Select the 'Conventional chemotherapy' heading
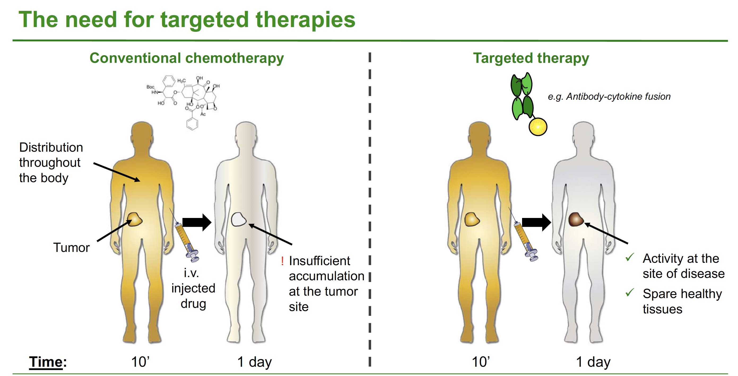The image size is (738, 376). pyautogui.click(x=186, y=58)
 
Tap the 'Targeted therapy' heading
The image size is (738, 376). pyautogui.click(x=531, y=58)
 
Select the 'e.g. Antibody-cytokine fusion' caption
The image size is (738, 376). pyautogui.click(x=609, y=97)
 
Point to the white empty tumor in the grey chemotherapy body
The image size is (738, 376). pyautogui.click(x=239, y=219)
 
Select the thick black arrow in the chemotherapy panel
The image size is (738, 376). pyautogui.click(x=197, y=222)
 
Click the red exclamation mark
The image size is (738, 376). pyautogui.click(x=283, y=261)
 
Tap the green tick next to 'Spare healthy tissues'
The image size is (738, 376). pyautogui.click(x=630, y=292)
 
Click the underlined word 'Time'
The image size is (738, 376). pyautogui.click(x=46, y=362)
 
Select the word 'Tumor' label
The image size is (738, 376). pyautogui.click(x=71, y=247)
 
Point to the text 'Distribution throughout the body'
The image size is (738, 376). pyautogui.click(x=51, y=162)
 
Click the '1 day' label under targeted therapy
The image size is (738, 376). pyautogui.click(x=593, y=362)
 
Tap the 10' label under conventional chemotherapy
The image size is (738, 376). pyautogui.click(x=140, y=362)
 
